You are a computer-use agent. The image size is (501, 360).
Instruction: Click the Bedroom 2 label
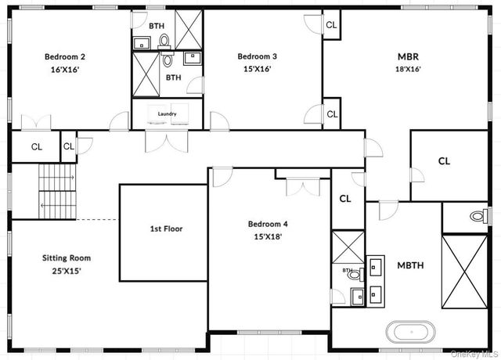pyautogui.click(x=65, y=56)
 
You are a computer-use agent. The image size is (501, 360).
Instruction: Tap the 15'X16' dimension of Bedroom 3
pyautogui.click(x=258, y=69)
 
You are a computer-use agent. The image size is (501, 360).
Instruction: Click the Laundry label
pyautogui.click(x=167, y=113)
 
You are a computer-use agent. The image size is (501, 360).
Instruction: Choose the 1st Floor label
pyautogui.click(x=166, y=229)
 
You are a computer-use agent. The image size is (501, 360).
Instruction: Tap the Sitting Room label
pyautogui.click(x=67, y=257)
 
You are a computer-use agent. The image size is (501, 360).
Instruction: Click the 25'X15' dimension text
pyautogui.click(x=67, y=271)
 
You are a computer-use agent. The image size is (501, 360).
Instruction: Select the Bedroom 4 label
pyautogui.click(x=268, y=224)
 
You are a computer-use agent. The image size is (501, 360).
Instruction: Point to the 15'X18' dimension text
pyautogui.click(x=268, y=236)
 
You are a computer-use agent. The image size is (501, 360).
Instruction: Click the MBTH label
pyautogui.click(x=410, y=265)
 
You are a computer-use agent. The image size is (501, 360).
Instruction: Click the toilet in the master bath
pyautogui.click(x=476, y=216)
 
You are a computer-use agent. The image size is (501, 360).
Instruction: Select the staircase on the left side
pyautogui.click(x=58, y=192)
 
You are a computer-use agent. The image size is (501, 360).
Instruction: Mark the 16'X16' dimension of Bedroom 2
pyautogui.click(x=65, y=69)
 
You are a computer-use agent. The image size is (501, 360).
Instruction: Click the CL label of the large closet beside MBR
pyautogui.click(x=444, y=161)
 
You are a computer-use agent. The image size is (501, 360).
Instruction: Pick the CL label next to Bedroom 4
pyautogui.click(x=345, y=199)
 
